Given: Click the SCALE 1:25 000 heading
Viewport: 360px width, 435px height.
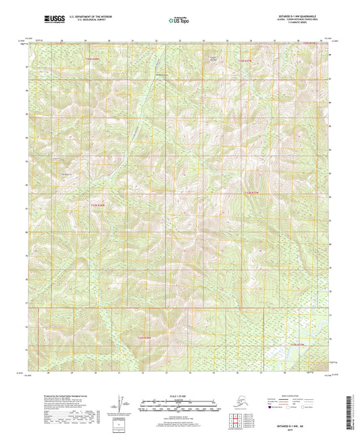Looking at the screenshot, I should [180, 396].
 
